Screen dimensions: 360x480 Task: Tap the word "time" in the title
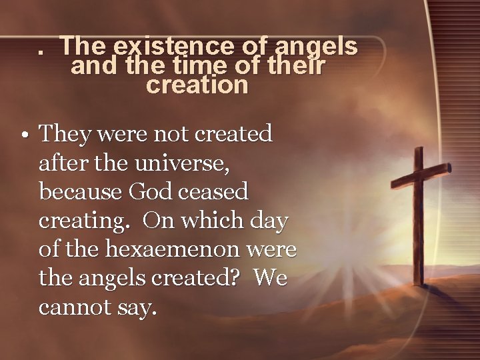coord(201,66)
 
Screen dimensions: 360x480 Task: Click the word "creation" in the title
coord(197,85)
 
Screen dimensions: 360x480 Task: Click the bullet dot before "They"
coord(23,135)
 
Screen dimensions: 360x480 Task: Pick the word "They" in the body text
coord(66,134)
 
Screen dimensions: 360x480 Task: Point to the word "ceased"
coord(215,192)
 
